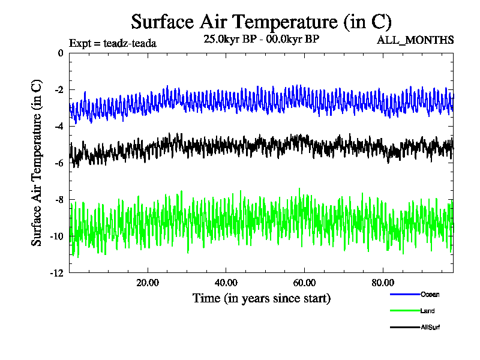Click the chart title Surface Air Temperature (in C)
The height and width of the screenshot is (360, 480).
point(261,22)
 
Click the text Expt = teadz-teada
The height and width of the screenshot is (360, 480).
point(113,43)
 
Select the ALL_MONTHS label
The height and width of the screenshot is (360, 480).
point(415,40)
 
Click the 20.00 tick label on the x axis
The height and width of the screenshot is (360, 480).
point(148,283)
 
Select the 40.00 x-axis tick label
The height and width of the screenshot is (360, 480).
point(226,283)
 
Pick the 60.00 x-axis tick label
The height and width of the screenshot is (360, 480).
point(305,283)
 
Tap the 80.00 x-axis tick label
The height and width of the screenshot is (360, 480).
point(383,283)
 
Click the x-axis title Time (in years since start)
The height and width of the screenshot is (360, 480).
point(261,298)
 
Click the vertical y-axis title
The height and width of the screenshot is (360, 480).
point(37,163)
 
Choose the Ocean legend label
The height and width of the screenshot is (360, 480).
point(430,295)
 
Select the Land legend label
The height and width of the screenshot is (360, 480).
point(428,311)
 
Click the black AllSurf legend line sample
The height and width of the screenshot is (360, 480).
point(404,328)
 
